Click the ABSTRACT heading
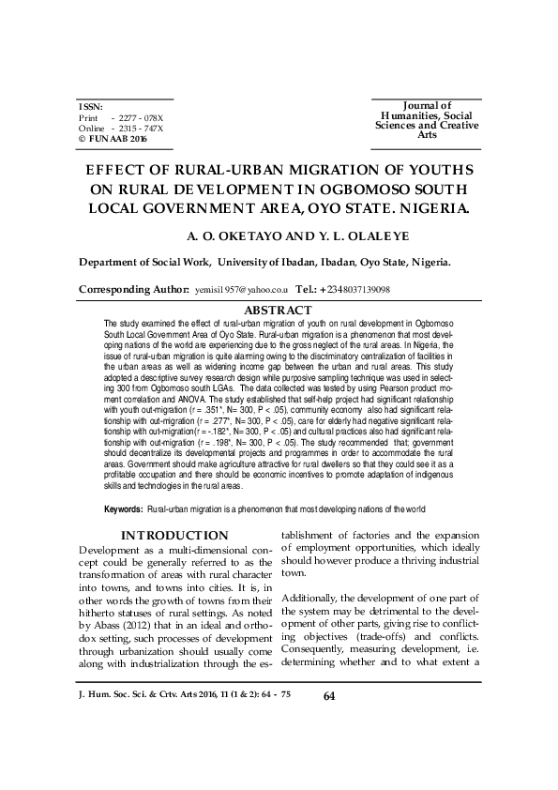point(278,310)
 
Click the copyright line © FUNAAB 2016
point(113,138)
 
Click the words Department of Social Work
point(143,262)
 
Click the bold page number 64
point(329,750)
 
